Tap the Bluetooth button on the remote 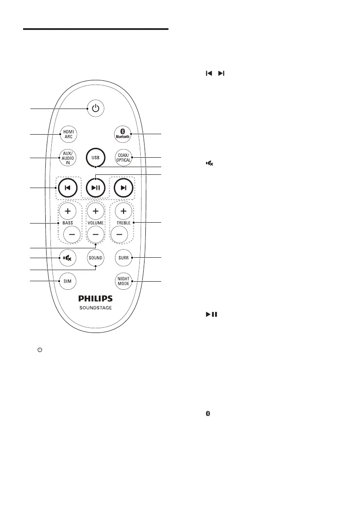(123, 134)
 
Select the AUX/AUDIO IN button (67, 158)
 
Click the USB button (95, 157)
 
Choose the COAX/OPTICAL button (123, 157)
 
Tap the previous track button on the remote (68, 188)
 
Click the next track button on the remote (123, 188)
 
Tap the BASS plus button (67, 211)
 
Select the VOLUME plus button (95, 211)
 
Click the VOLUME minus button (95, 234)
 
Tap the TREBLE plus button (123, 211)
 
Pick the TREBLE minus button (120, 234)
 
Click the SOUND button (95, 258)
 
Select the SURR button (123, 258)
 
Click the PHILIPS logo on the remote (95, 298)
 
